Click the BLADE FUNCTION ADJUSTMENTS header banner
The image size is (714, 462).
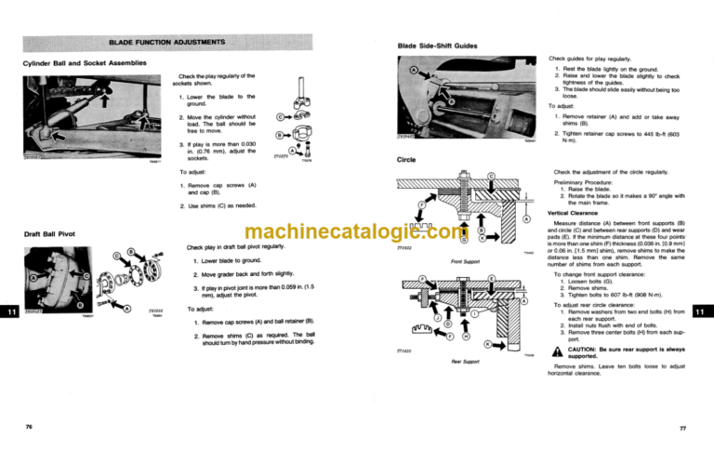(x=166, y=42)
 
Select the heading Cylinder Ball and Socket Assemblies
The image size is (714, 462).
(x=85, y=62)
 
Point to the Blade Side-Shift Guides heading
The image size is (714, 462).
(x=438, y=45)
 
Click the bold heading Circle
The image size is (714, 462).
(x=407, y=159)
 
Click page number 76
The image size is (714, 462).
(x=30, y=426)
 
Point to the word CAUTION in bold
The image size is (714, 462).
(x=583, y=349)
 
